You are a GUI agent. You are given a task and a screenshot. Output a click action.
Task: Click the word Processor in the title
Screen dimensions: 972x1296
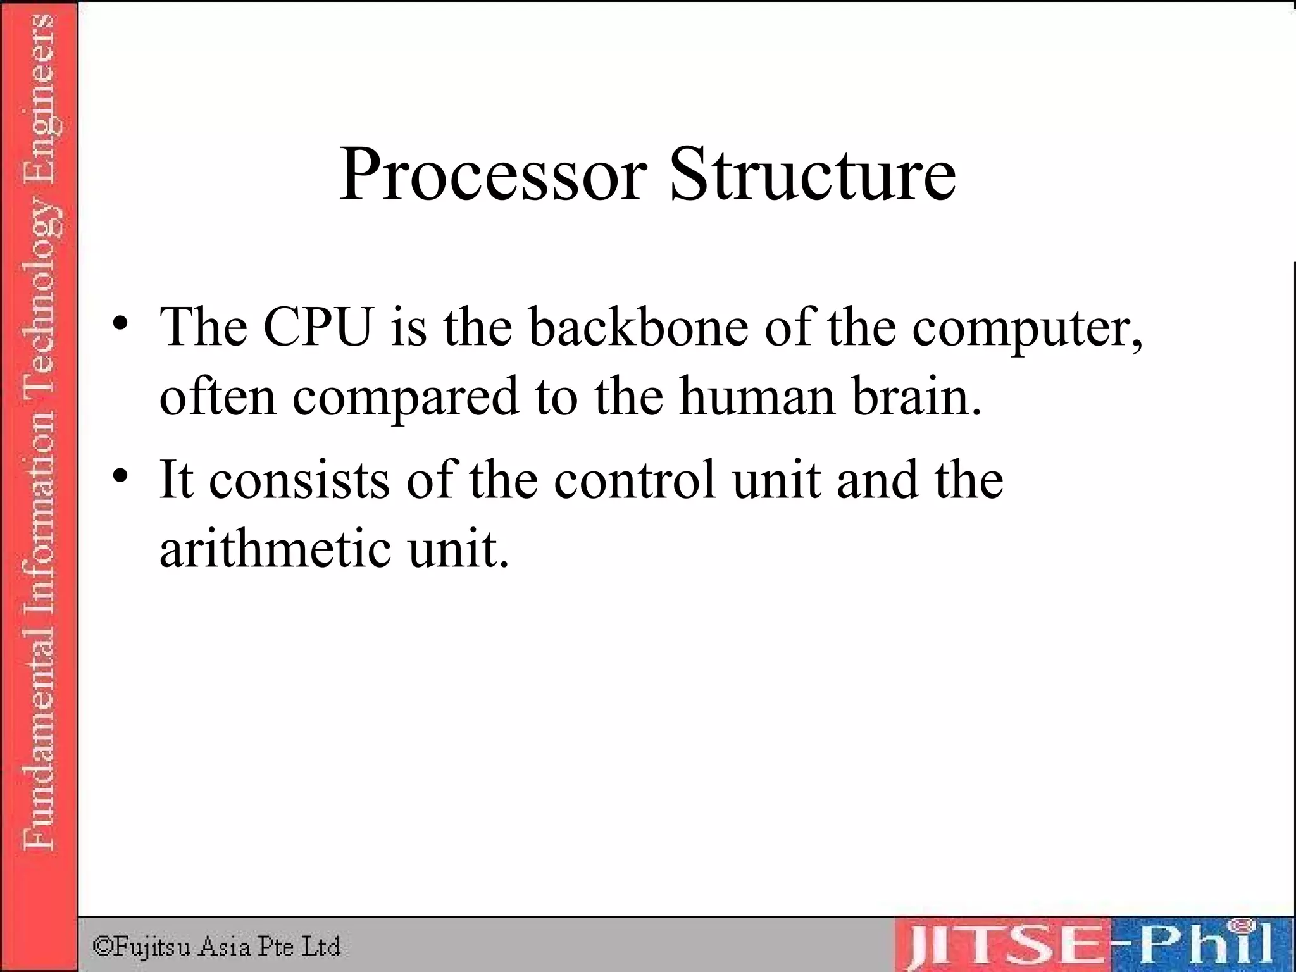493,174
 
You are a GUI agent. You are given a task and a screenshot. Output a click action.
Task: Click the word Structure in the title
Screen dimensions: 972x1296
813,174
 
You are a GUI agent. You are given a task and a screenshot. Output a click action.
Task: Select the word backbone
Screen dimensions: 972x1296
639,327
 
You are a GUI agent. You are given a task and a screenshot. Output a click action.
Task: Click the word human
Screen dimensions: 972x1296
757,397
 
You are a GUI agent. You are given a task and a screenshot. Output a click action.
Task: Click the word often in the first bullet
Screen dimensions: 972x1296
218,397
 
